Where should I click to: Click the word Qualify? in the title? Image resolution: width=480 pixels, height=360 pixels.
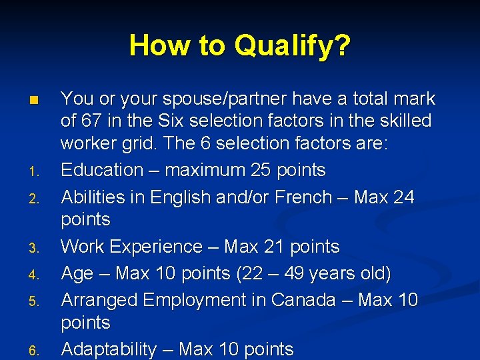coord(292,46)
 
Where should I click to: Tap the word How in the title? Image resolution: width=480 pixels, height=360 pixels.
coord(155,46)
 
